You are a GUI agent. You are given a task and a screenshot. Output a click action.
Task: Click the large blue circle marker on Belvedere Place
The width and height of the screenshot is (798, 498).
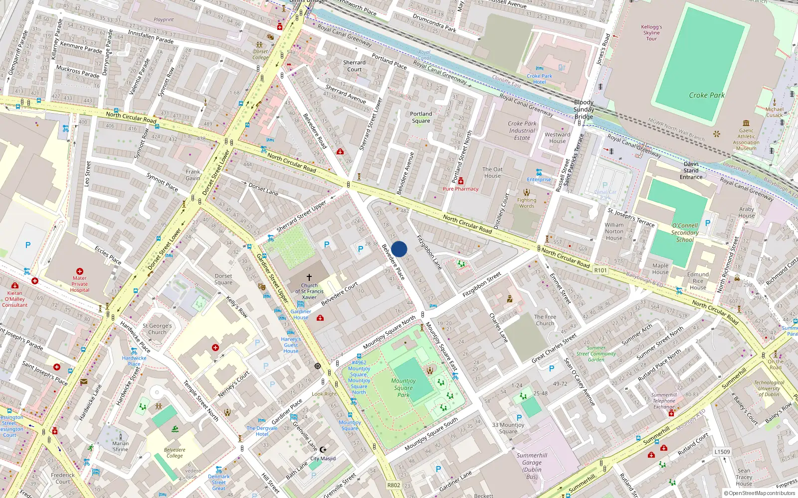[399, 249]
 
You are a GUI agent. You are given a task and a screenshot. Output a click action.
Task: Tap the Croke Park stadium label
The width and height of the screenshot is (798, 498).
[707, 95]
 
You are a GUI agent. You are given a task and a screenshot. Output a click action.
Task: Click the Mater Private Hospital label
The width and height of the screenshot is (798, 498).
[79, 284]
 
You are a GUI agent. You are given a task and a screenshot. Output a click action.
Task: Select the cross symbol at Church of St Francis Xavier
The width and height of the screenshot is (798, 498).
[309, 277]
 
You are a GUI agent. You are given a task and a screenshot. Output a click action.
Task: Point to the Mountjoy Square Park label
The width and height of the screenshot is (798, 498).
[403, 387]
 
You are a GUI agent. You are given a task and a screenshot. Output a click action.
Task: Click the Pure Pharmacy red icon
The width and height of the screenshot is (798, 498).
[461, 181]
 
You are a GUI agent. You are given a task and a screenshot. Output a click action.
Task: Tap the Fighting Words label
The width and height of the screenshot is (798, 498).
[527, 203]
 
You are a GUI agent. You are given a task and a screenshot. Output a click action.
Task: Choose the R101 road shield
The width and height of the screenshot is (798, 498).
[600, 270]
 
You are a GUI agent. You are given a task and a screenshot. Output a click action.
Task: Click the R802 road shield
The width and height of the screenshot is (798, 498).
[394, 485]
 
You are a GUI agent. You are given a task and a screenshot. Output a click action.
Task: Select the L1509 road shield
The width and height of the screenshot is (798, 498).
[722, 452]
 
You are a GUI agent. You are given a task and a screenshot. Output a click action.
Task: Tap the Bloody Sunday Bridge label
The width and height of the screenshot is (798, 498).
[584, 109]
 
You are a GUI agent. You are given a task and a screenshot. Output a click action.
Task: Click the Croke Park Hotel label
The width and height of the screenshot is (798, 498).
[539, 79]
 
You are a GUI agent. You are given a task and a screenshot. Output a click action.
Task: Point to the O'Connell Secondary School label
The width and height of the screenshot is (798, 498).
[685, 233]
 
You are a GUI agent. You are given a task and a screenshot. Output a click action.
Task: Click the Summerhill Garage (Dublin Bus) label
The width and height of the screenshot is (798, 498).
[532, 466]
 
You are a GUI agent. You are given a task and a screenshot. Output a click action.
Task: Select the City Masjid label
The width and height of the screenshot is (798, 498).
[323, 458]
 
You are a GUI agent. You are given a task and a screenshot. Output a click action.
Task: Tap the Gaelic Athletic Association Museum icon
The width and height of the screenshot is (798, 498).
[746, 123]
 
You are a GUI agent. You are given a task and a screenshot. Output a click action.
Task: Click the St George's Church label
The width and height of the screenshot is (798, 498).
[157, 329]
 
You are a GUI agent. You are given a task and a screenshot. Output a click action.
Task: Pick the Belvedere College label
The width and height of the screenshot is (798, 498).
[175, 453]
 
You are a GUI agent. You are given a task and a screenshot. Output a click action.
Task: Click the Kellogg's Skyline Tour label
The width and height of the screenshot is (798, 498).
[651, 32]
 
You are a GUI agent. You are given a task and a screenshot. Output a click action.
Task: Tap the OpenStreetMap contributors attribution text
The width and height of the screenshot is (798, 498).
[759, 493]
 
